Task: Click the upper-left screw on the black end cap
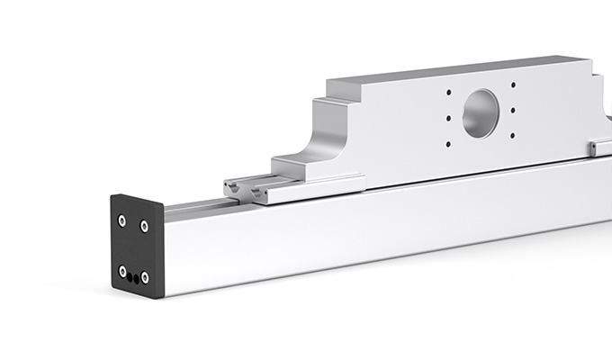pyautogui.click(x=121, y=220)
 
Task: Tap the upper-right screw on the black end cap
pyautogui.click(x=144, y=227)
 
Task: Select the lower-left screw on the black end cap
pyautogui.click(x=122, y=271)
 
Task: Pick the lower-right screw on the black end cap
pyautogui.click(x=145, y=277)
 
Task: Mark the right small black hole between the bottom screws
pyautogui.click(x=137, y=279)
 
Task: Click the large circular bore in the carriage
pyautogui.click(x=480, y=113)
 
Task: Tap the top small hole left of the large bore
pyautogui.click(x=448, y=93)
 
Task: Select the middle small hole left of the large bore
pyautogui.click(x=447, y=117)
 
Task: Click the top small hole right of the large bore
pyautogui.click(x=513, y=85)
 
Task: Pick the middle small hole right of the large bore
pyautogui.click(x=513, y=111)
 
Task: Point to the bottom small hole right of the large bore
pyautogui.click(x=513, y=136)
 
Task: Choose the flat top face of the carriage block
pyautogui.click(x=450, y=72)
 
